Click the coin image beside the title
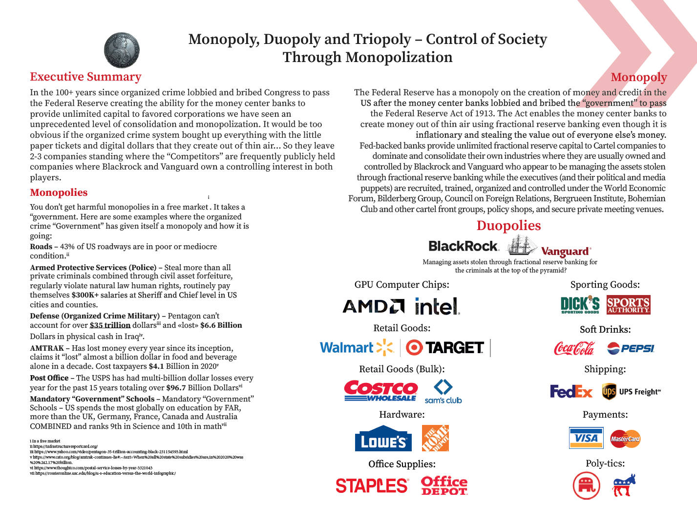coord(122,50)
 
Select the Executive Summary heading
coord(85,77)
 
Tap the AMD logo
coord(374,306)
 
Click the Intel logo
coord(437,306)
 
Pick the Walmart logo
coord(357,347)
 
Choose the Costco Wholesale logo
coord(381,391)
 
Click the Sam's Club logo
coord(443,392)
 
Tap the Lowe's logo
coord(383,439)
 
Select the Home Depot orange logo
coord(435,438)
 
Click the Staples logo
coord(372,486)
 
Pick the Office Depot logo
coord(444,486)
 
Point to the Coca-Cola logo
coord(574,348)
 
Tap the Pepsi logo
coord(631,348)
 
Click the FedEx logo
coord(571,391)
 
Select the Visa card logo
coord(586,438)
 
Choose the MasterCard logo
coord(625,439)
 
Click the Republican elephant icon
coord(586,486)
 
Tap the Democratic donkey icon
coord(624,485)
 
